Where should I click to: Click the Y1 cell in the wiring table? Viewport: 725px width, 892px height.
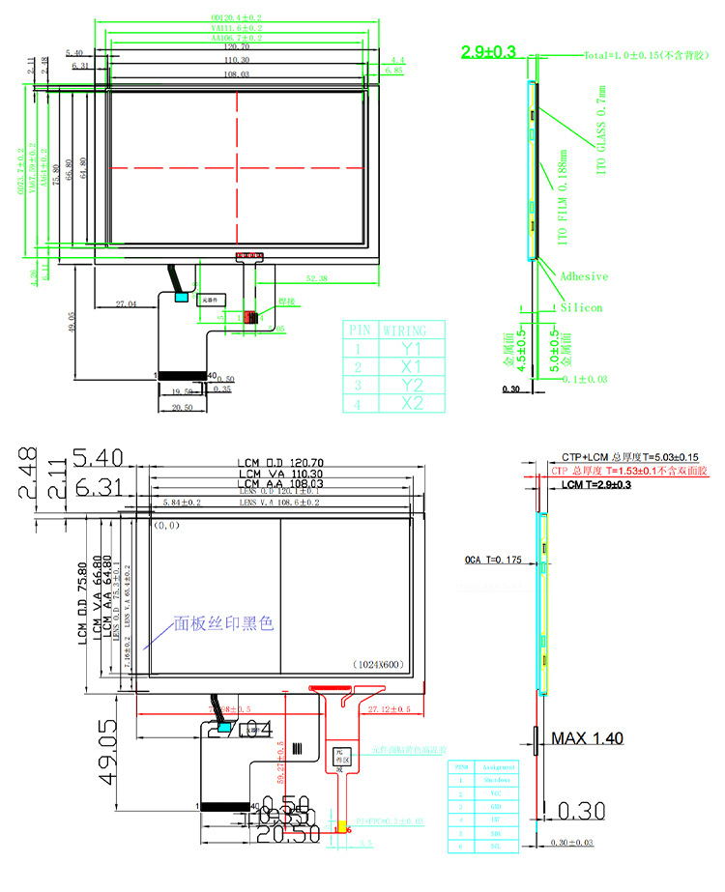(x=412, y=348)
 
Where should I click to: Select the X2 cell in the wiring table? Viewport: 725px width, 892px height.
(x=412, y=403)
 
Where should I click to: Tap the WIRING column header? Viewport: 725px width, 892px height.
(x=412, y=330)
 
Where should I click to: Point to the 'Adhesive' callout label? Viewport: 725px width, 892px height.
(x=584, y=276)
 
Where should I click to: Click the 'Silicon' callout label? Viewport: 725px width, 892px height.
(x=582, y=307)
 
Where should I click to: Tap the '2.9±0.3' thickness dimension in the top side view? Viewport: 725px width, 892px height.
(x=489, y=52)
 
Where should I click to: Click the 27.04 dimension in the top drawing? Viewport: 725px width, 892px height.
(x=127, y=303)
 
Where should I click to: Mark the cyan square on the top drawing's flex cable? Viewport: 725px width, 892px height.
(x=180, y=298)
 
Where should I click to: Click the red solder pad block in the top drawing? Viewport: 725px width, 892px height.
(x=250, y=317)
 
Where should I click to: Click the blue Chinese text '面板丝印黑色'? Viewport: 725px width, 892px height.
(x=223, y=623)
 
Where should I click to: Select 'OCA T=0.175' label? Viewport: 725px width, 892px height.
(x=492, y=560)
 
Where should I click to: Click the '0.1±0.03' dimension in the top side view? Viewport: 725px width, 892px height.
(x=584, y=380)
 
